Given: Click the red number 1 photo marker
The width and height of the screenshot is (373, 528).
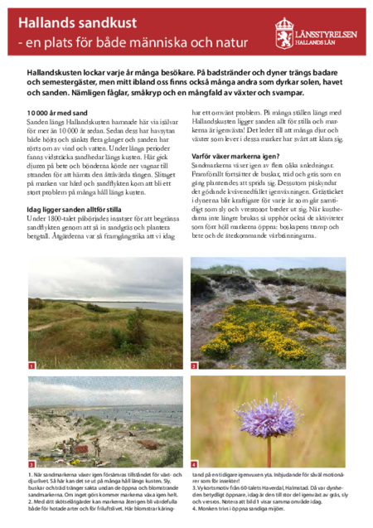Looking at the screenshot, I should click(x=31, y=366).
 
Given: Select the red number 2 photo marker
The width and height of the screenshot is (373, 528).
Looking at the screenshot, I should click(x=194, y=366).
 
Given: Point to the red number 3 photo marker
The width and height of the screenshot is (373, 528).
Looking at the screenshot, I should click(x=31, y=464).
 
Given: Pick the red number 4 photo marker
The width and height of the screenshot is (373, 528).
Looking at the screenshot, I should click(x=194, y=464).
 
